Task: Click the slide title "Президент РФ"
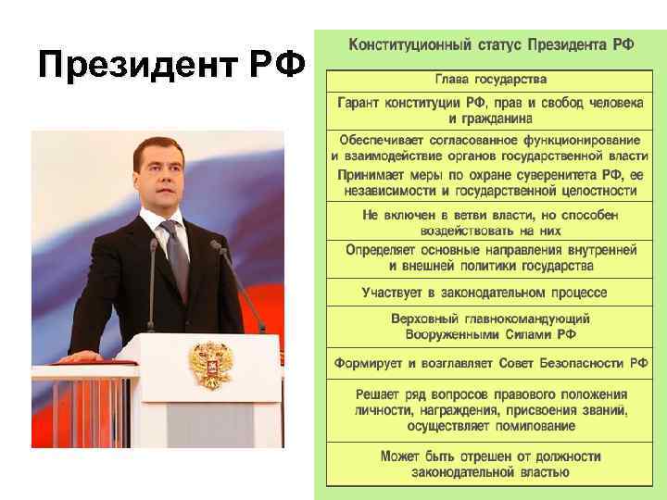coord(173,66)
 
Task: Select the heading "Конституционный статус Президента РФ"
coord(491,45)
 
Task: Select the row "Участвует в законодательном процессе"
coord(485,293)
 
